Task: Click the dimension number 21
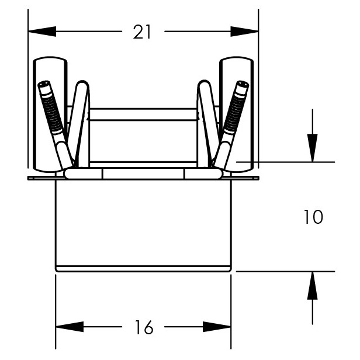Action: [142, 32]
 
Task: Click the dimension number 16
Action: [144, 327]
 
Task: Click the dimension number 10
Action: [313, 217]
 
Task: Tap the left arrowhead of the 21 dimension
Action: [42, 32]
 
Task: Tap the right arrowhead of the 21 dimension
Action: [244, 32]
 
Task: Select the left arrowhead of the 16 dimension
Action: [70, 327]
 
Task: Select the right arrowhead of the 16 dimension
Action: [217, 327]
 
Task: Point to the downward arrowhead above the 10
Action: [313, 148]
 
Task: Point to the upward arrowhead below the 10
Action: [313, 286]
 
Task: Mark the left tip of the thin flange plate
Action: [28, 178]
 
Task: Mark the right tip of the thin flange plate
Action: [258, 178]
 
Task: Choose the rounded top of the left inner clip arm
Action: [82, 84]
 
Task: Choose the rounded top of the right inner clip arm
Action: [204, 84]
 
